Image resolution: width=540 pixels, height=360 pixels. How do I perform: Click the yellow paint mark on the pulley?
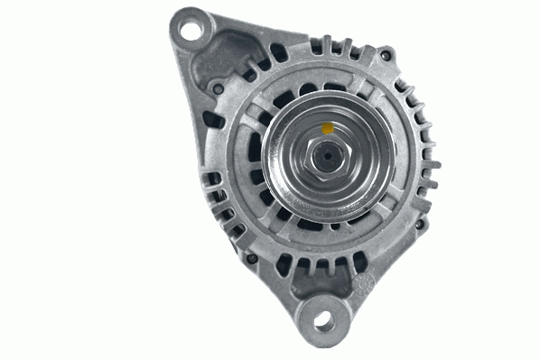[325, 128]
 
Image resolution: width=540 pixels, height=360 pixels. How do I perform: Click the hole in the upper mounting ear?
[191, 29]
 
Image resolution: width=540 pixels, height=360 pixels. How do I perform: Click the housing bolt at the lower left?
[253, 259]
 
